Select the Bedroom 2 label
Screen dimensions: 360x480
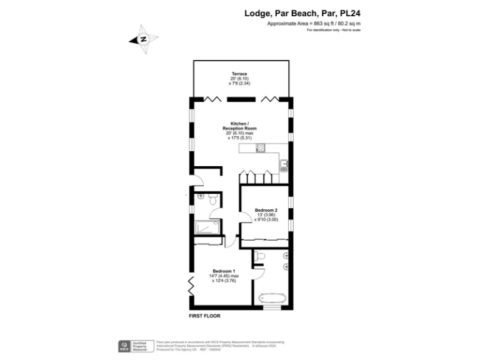pos(266,209)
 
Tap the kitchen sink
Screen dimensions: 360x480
pos(284,164)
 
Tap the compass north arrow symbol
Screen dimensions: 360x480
pos(143,39)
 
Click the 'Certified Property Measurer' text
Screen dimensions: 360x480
pos(142,346)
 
